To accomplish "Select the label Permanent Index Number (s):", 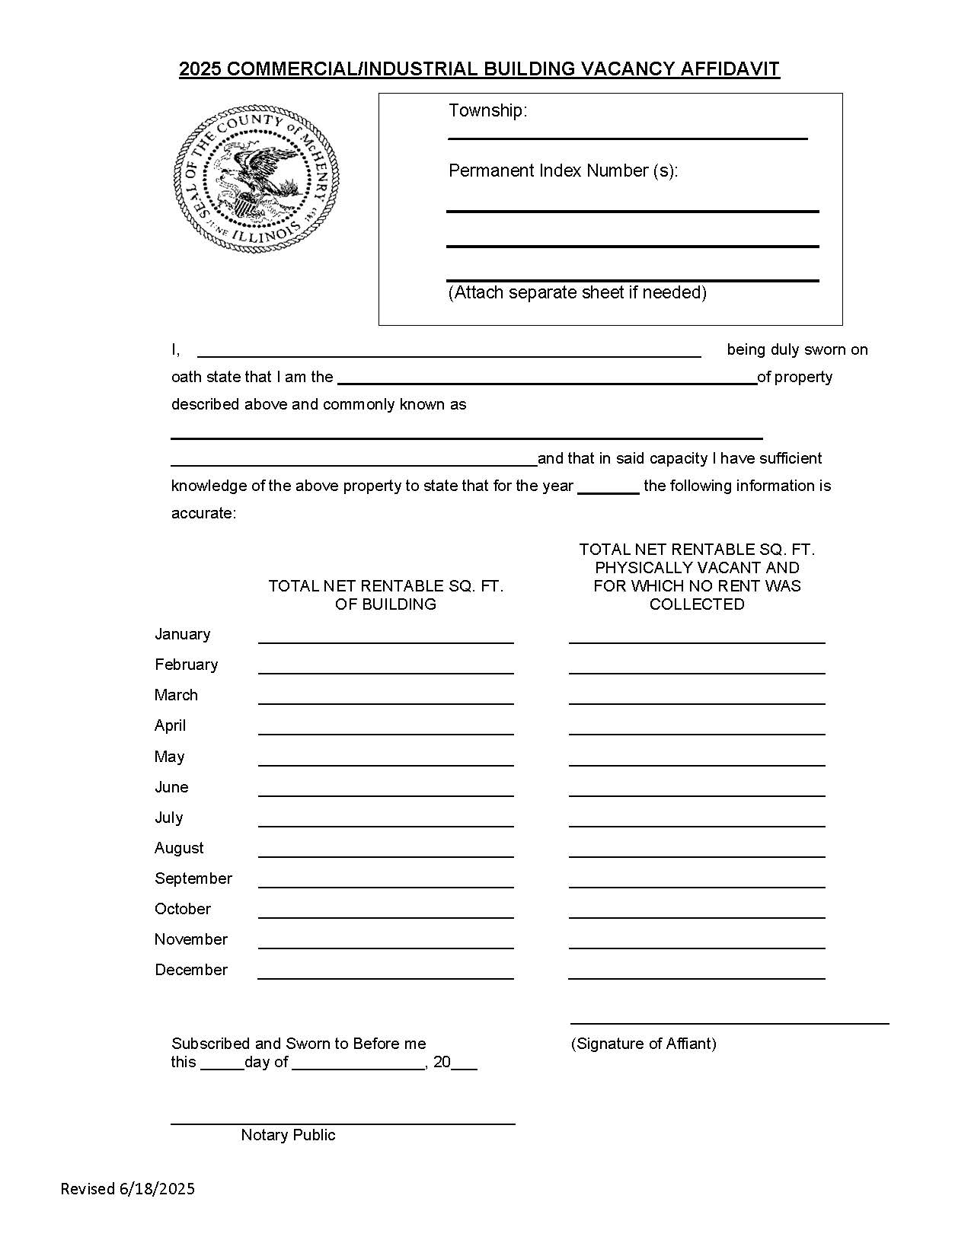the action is (563, 171).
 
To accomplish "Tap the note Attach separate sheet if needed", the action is (577, 292).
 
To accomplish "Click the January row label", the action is (183, 634).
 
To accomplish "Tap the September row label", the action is (193, 878).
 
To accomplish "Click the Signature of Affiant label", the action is (644, 1044).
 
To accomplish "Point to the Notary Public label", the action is (288, 1135).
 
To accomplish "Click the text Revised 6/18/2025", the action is (128, 1189).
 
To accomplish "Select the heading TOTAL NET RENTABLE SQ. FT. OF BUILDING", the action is (385, 595).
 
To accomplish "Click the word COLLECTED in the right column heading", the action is (696, 604).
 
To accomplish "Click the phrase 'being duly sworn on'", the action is (797, 349).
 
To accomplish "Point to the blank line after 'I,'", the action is (449, 354).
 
